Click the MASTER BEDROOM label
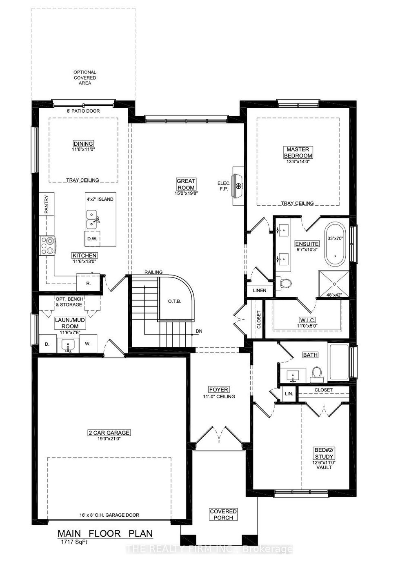point(298,153)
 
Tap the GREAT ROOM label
point(186,184)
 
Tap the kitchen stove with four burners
point(48,246)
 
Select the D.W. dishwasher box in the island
point(92,239)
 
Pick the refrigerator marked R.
point(89,282)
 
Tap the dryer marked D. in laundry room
point(47,344)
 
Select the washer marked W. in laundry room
point(87,344)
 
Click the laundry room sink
point(68,345)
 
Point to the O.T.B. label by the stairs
point(174,301)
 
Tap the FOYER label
point(218,390)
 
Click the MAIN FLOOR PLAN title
point(105,533)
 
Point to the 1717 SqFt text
point(73,542)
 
